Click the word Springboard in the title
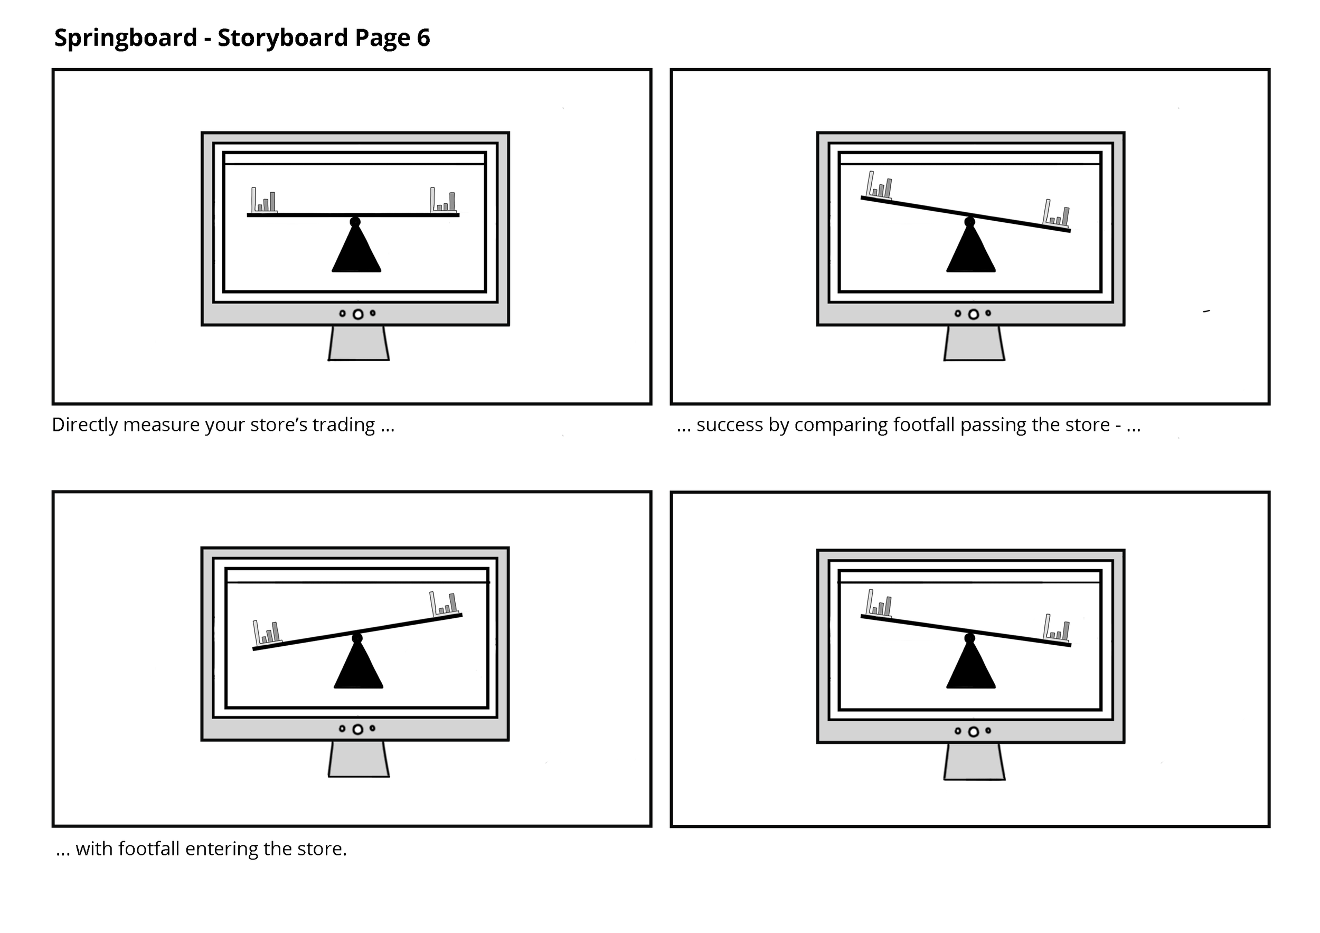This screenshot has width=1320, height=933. coord(125,38)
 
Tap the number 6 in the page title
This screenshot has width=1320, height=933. coord(423,38)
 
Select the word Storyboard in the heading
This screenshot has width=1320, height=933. coord(283,38)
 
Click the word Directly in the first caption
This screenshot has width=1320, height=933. coord(84,425)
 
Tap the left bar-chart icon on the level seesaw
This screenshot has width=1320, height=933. coord(264,200)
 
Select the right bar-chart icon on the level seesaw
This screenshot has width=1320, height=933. coord(444,200)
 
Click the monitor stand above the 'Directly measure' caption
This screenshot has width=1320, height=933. coord(358,343)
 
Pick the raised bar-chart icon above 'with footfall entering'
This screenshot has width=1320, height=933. coord(444,603)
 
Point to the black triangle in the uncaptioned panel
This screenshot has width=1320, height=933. coord(970,667)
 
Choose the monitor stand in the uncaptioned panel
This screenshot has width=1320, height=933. coord(974,762)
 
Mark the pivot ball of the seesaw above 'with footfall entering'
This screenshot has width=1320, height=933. coord(357,638)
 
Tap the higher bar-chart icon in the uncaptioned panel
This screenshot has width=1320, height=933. coord(879,603)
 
